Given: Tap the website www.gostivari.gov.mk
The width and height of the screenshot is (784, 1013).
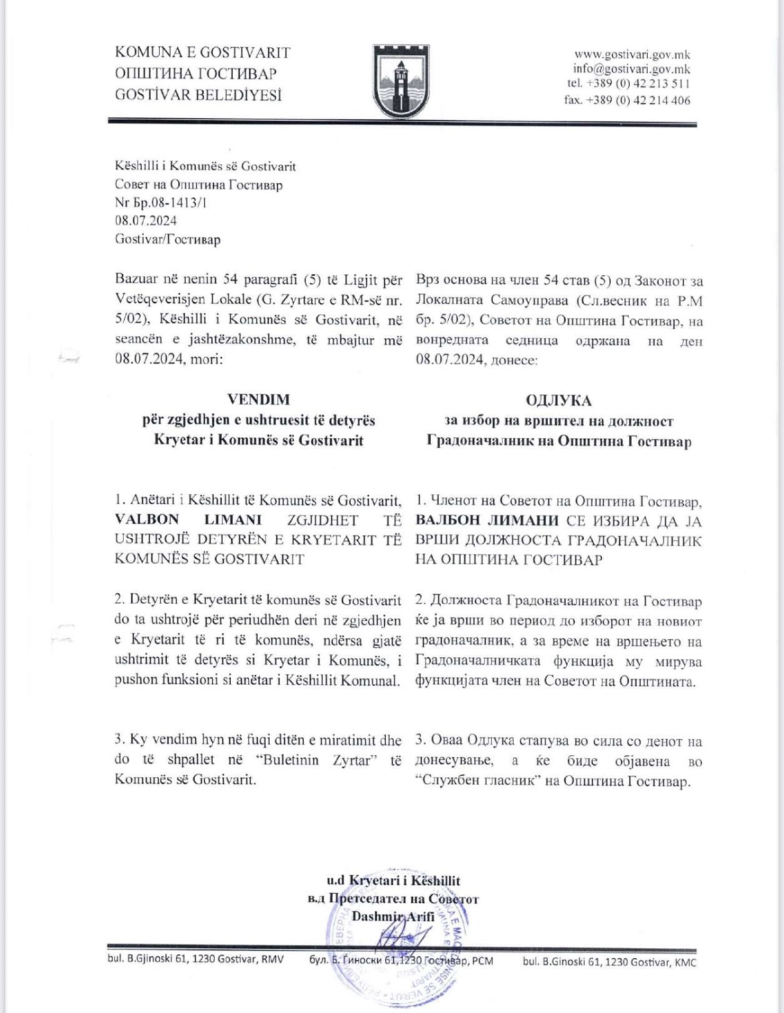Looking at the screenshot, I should point(632,54).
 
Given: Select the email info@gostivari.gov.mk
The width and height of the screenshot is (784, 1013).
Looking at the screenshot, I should point(631,69).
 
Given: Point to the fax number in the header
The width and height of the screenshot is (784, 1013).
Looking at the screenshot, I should point(627,101).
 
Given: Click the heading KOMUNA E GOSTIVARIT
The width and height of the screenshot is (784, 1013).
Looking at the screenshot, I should point(202,52).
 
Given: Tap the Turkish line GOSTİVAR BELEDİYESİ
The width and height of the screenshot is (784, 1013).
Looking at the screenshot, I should point(198,95).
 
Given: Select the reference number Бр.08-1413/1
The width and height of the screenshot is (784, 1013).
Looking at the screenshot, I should point(160,202).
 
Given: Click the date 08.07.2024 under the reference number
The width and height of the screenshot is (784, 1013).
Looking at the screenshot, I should point(146,221).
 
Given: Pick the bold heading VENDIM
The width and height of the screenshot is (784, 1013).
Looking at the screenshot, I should point(259,400).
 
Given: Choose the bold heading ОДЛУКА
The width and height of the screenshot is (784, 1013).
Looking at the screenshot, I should point(559,400).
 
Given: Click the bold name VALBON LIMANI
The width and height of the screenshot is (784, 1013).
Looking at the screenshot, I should point(188,520).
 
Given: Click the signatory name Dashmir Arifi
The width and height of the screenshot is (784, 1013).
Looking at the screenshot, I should point(393,916).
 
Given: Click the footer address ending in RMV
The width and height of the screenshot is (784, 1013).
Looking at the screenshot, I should point(195,959).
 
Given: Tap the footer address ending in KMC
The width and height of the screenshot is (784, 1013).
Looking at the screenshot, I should point(609,962).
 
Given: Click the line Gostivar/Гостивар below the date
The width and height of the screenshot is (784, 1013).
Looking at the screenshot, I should point(168,239).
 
